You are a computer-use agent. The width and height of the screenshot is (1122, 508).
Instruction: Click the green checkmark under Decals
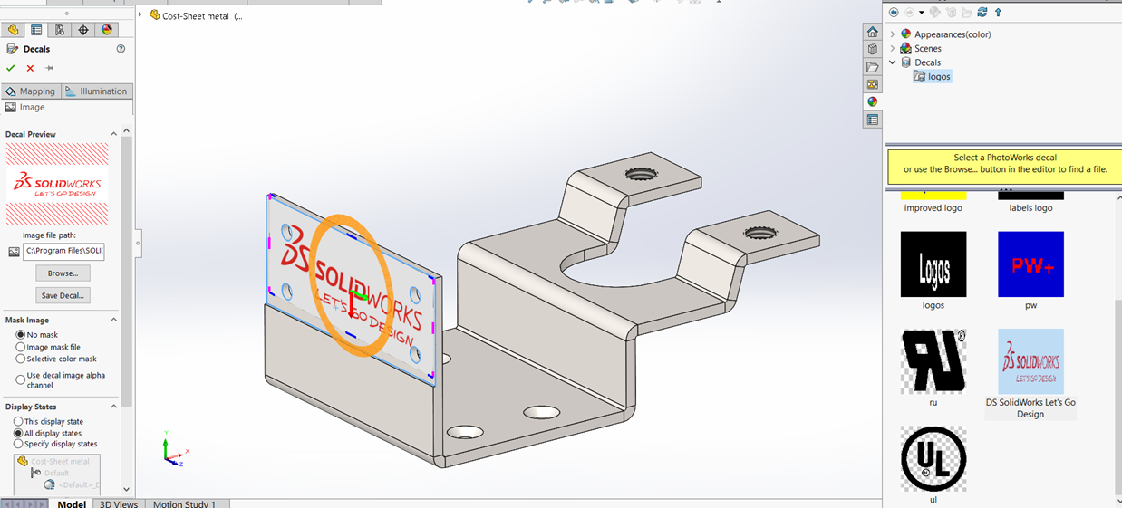(11, 68)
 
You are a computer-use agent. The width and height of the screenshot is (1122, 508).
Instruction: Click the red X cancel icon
(30, 68)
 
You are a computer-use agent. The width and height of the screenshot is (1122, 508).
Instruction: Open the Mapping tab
(31, 91)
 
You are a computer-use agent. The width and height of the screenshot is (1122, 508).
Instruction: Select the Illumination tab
(97, 91)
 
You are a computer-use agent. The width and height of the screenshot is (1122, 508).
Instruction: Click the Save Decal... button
(63, 295)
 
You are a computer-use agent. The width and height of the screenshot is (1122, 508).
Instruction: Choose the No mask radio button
(20, 335)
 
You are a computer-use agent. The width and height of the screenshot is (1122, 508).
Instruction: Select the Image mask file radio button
(20, 347)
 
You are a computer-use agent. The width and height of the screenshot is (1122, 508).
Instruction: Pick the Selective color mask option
(20, 359)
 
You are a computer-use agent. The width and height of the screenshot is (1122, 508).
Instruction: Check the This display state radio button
(19, 422)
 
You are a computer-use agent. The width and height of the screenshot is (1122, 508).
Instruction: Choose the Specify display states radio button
(19, 444)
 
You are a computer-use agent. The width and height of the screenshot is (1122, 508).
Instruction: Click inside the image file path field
(63, 251)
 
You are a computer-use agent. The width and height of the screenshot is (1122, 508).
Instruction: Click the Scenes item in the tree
(927, 49)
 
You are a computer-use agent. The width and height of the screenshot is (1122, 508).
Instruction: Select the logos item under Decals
(939, 77)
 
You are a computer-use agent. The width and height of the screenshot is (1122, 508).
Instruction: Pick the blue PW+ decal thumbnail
(1030, 264)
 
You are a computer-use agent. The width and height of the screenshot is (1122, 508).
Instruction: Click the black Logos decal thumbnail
(933, 264)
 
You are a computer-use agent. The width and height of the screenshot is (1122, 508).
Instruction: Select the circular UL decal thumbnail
(933, 459)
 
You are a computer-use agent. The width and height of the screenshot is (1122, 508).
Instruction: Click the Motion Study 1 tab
(184, 503)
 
